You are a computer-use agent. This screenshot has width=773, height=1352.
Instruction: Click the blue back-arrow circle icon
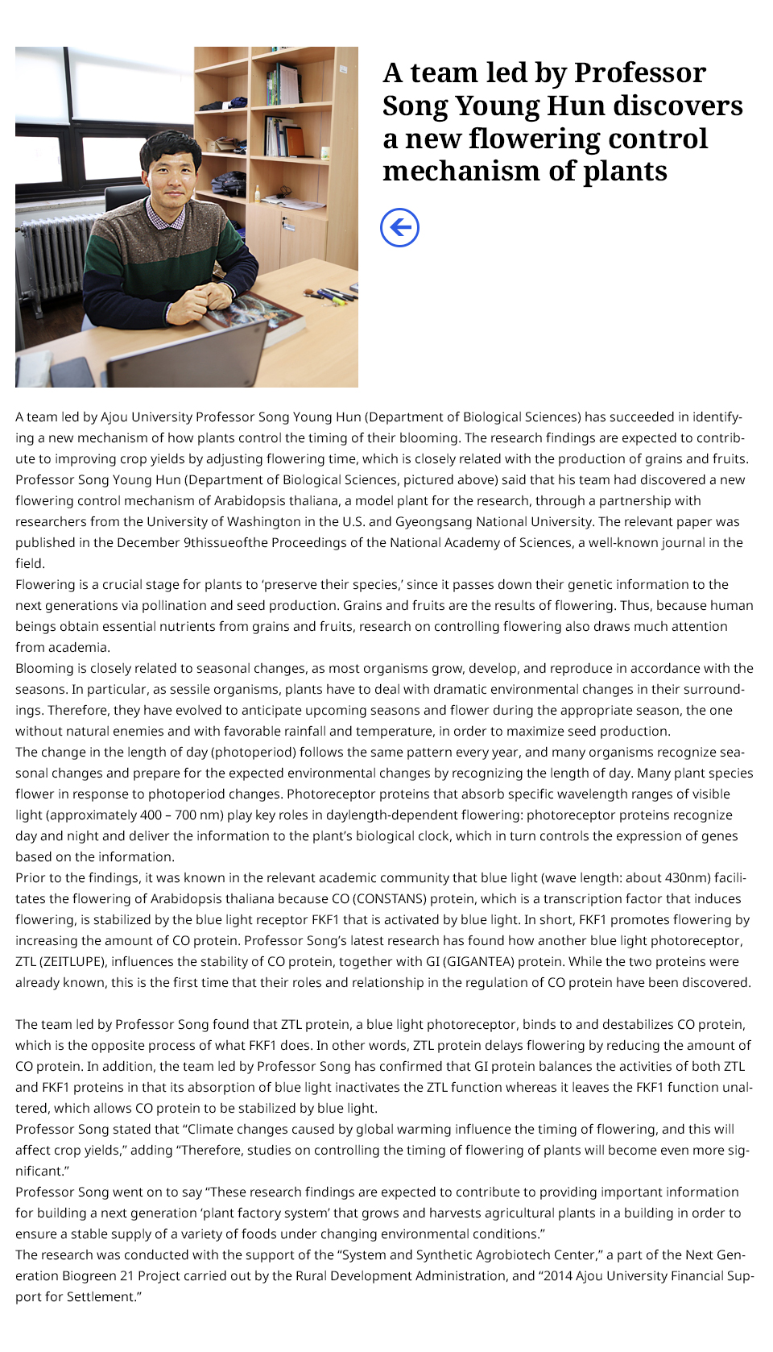pos(399,227)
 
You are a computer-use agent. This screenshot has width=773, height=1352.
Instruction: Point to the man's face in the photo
pos(171,172)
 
